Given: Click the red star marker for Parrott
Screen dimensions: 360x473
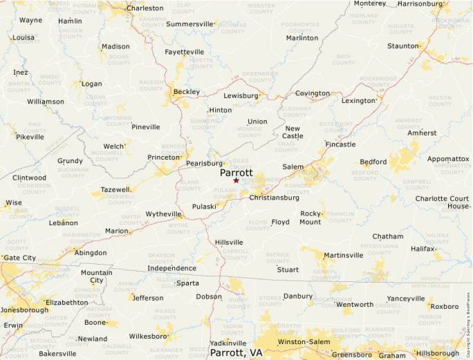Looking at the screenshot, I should (x=236, y=180).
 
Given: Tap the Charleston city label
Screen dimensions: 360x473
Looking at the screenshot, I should (x=145, y=8).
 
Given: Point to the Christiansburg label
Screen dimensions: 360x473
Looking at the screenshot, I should (x=274, y=198).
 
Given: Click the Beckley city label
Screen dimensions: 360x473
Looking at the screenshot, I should (x=186, y=92).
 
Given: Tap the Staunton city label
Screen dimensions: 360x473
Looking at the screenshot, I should (x=403, y=46).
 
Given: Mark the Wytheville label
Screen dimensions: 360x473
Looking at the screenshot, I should (x=163, y=214).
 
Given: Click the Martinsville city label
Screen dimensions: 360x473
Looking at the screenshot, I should (x=344, y=255).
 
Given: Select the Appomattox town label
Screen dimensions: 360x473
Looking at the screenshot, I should (x=448, y=159).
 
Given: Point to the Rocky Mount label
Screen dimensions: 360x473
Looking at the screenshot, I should (x=310, y=218).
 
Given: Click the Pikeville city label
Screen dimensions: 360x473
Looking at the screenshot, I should (x=30, y=137).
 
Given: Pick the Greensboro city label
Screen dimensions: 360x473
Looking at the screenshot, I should (x=352, y=354).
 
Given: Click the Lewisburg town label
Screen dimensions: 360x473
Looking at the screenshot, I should (x=241, y=96).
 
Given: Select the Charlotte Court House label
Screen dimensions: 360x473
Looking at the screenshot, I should (x=442, y=202).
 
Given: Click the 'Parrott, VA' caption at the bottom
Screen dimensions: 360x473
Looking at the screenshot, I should (x=236, y=352).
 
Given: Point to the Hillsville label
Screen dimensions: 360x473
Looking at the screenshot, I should (x=229, y=243).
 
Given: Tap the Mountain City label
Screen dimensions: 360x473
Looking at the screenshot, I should (x=96, y=276).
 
